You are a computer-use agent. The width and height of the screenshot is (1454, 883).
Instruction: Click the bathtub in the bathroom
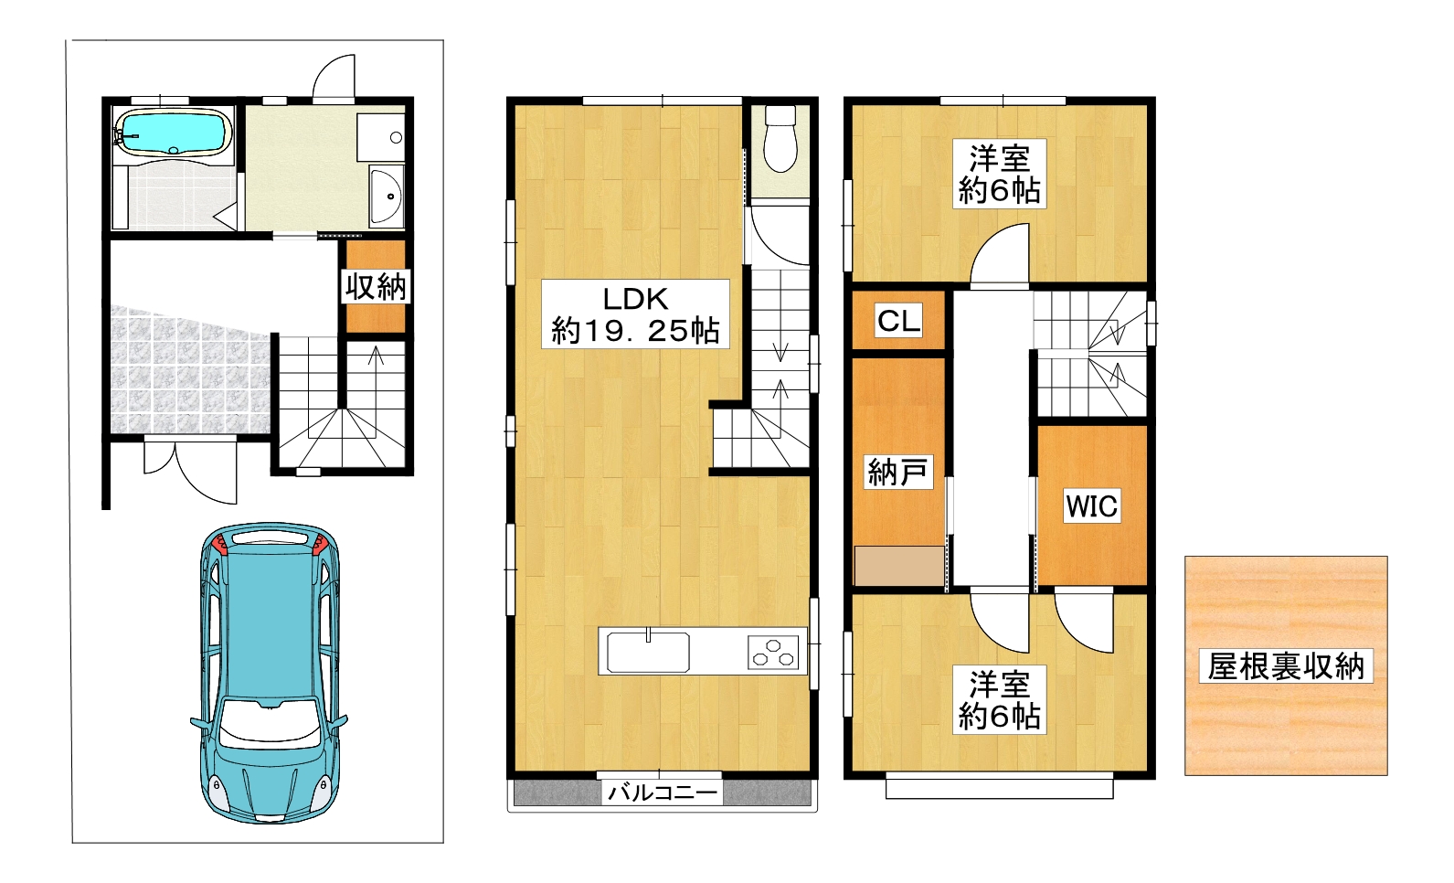(x=174, y=133)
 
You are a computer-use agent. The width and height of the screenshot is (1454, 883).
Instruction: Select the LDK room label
(x=635, y=314)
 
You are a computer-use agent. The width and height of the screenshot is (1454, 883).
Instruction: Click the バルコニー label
(x=663, y=792)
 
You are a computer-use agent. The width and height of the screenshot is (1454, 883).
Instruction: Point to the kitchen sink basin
(x=648, y=652)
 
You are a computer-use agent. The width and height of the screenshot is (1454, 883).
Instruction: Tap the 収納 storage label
(x=376, y=286)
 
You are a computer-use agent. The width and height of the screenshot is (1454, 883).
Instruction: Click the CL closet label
(x=898, y=321)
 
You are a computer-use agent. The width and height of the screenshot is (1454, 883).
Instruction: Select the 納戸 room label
(x=897, y=473)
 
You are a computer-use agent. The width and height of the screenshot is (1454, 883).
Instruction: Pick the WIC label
(x=1091, y=505)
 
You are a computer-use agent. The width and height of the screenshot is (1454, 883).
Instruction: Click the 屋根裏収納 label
(x=1285, y=665)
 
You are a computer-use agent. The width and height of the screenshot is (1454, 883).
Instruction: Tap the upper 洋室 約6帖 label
(x=999, y=175)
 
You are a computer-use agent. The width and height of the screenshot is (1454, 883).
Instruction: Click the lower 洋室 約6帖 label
(x=999, y=699)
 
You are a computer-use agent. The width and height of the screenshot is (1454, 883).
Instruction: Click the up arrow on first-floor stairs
(x=376, y=356)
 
